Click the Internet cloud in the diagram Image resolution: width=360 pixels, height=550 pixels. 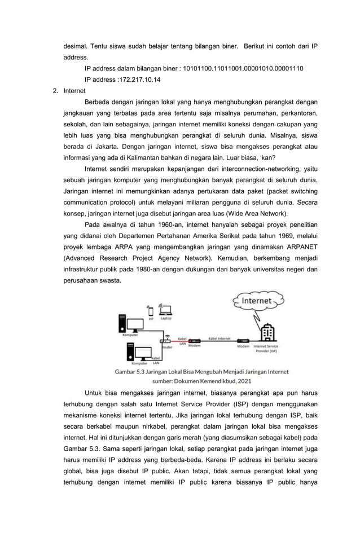tap(257, 301)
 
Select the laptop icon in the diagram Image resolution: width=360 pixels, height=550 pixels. tap(165, 310)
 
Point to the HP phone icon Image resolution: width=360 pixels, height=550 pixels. tap(150, 311)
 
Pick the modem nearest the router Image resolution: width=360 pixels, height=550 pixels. tap(194, 341)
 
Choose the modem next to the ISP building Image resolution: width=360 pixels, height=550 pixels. tap(243, 341)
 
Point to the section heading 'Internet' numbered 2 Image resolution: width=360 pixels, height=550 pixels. tap(74, 90)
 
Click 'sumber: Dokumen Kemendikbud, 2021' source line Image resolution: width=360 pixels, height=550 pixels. tap(201, 381)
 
